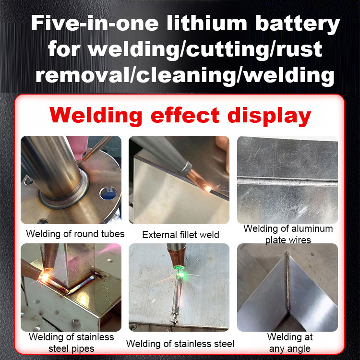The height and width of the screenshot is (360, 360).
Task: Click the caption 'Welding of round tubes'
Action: click(75, 234)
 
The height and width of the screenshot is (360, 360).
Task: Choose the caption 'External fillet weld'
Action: click(180, 235)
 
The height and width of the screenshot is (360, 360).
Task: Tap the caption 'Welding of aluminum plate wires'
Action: click(288, 234)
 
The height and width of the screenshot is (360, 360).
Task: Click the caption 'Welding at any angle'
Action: click(288, 342)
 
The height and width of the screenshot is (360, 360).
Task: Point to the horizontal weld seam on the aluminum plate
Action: click(288, 182)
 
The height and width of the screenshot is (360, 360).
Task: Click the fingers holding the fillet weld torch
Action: click(222, 149)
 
